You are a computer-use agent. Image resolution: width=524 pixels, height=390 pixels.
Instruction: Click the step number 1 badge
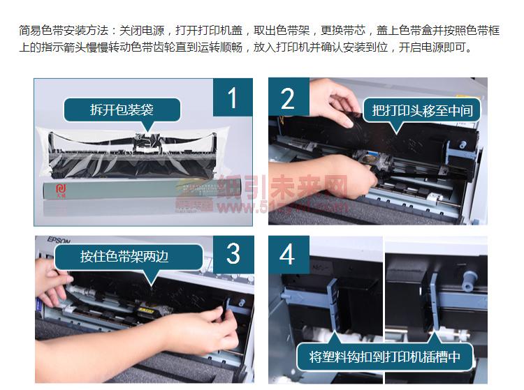(x=233, y=97)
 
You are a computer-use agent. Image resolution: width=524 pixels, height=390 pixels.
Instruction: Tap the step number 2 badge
(x=289, y=97)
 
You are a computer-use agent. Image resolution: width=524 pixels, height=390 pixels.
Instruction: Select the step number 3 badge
(x=233, y=254)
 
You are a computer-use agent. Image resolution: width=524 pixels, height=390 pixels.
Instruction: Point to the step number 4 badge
(x=288, y=254)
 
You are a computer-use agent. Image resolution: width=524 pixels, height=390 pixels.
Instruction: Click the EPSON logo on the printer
(x=59, y=240)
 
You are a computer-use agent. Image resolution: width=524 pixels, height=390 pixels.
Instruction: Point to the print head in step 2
(x=376, y=160)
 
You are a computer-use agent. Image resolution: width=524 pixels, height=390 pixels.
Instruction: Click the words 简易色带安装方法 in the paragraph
(x=64, y=31)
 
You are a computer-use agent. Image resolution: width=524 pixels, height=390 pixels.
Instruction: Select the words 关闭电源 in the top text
(x=142, y=31)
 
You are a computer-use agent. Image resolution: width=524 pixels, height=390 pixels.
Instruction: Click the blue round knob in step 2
(x=463, y=145)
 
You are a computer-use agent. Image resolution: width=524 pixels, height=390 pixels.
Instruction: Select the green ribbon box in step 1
(x=142, y=189)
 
